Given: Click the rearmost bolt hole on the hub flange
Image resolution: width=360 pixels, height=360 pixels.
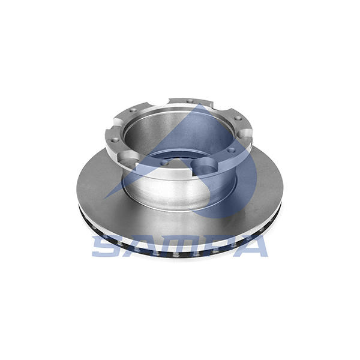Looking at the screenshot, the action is point(190,101).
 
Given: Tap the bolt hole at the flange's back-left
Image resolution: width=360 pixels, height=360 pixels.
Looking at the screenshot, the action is point(132,111).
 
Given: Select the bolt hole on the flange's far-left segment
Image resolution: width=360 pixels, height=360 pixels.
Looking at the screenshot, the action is point(114,140).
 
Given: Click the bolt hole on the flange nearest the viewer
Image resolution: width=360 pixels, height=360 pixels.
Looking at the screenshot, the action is point(164,163).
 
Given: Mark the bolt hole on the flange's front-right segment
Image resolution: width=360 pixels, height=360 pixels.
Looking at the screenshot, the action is point(232,151).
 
